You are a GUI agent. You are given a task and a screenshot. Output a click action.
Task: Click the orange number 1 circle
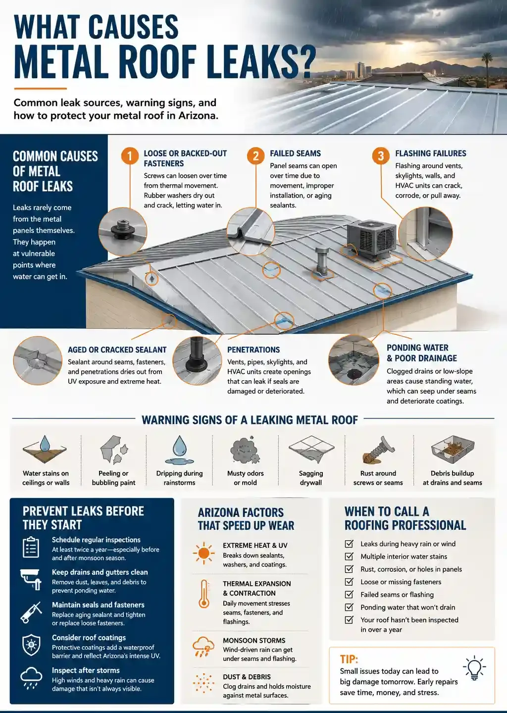(x=130, y=156)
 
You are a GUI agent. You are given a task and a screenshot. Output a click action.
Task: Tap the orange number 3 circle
(x=381, y=156)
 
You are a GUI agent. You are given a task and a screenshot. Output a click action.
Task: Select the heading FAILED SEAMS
(x=296, y=153)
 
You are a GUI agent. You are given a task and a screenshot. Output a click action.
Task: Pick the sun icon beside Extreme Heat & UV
(x=203, y=553)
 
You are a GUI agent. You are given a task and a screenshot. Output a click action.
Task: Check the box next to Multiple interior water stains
(x=349, y=557)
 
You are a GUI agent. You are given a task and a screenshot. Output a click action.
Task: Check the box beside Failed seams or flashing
(x=349, y=594)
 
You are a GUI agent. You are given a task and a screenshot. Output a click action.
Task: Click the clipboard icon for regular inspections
(x=31, y=547)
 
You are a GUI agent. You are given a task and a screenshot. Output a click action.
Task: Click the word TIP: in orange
(x=349, y=659)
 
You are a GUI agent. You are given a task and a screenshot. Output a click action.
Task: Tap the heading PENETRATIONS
(x=253, y=350)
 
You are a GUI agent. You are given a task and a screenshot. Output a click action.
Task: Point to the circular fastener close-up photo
(x=123, y=231)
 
